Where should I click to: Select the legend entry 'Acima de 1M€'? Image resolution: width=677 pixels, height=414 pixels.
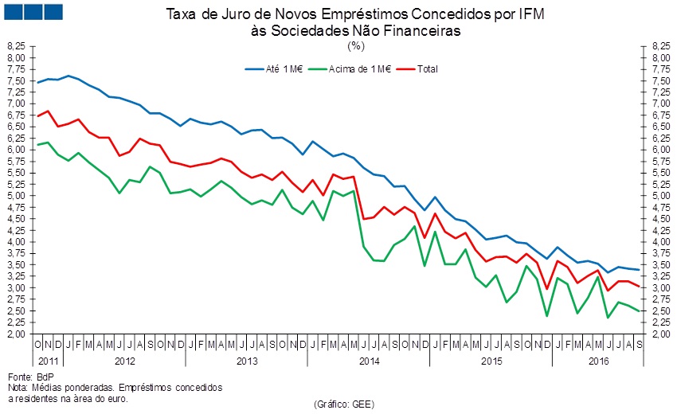point(358,68)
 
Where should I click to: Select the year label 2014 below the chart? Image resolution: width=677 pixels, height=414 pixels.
point(370,361)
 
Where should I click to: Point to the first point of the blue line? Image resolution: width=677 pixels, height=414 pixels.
point(37,83)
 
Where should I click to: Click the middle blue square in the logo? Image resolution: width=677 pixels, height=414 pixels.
point(33,13)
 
